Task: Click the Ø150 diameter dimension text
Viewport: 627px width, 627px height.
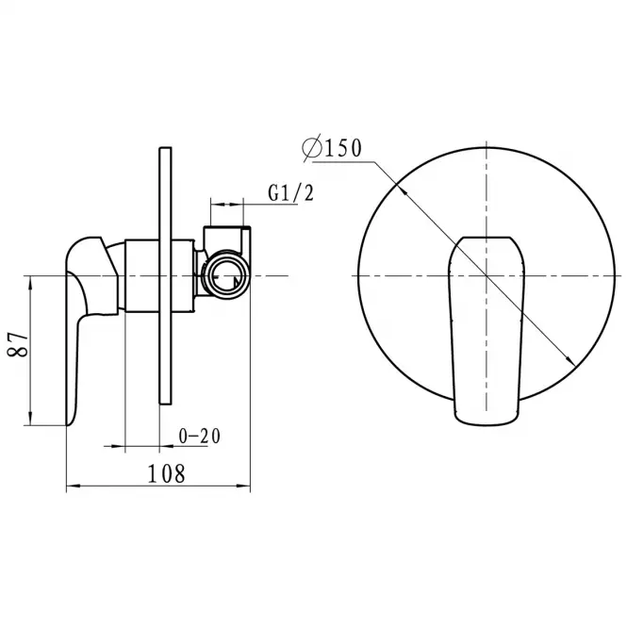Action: [x=332, y=149]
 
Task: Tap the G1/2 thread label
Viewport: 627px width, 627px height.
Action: [x=291, y=193]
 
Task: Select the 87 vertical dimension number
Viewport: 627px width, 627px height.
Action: [x=19, y=343]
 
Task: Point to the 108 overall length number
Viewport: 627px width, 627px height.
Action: [x=166, y=473]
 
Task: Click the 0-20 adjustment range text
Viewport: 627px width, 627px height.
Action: [x=200, y=437]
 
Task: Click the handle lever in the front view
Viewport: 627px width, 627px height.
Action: [x=487, y=329]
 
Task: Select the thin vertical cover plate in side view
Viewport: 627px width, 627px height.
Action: [x=166, y=276]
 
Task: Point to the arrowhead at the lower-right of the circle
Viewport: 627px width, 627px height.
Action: [x=570, y=361]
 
